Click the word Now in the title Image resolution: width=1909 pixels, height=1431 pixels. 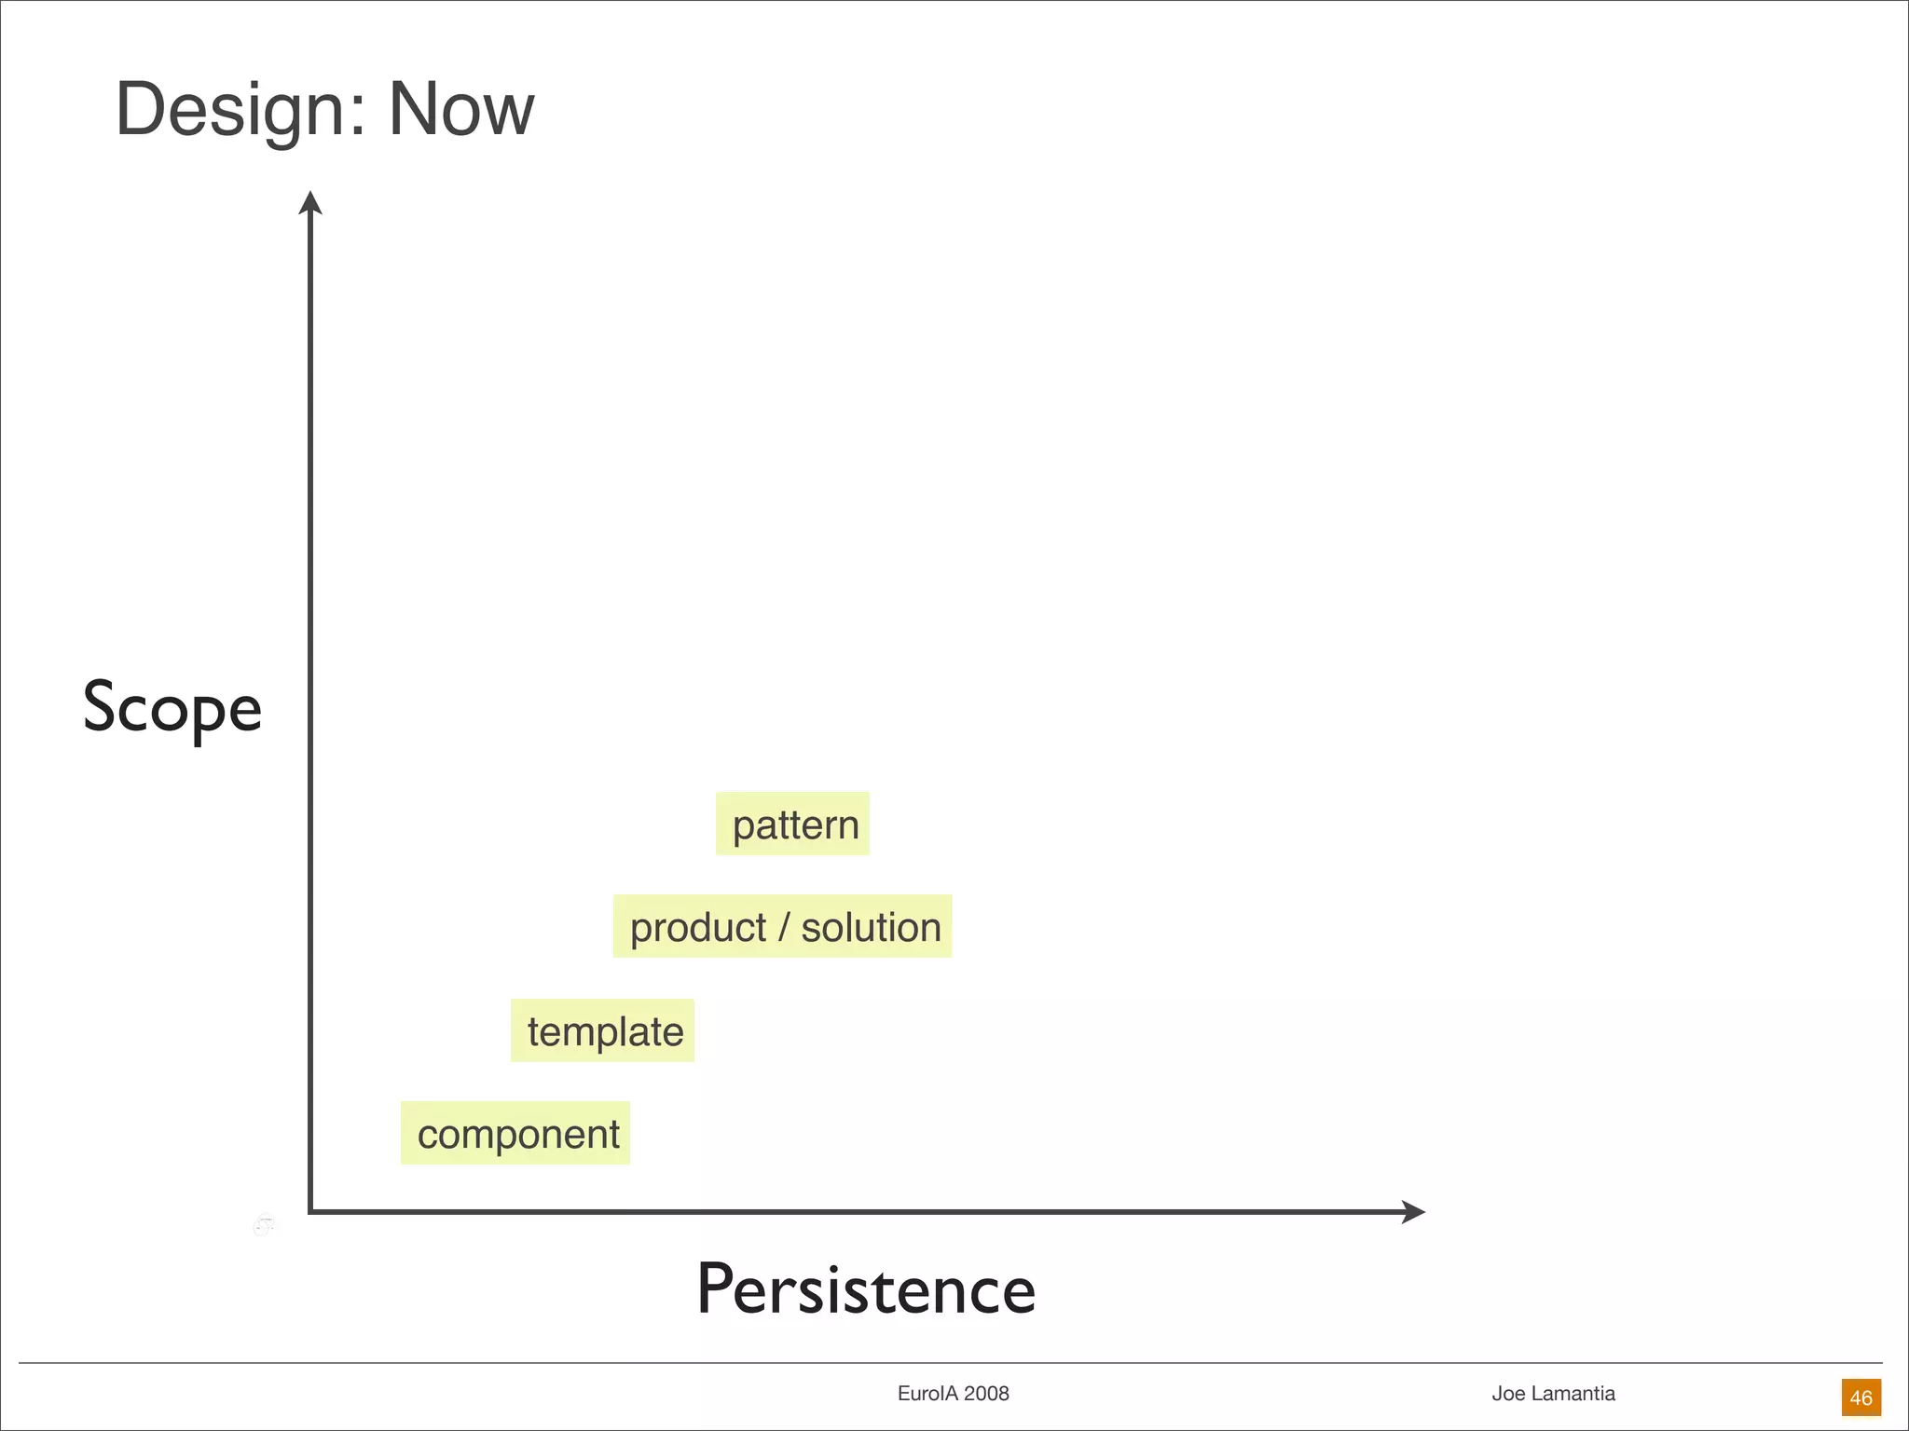[460, 110]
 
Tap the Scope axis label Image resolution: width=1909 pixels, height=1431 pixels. [172, 708]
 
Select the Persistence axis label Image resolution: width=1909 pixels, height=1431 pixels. [866, 1289]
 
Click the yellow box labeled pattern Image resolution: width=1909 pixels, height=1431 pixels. [793, 825]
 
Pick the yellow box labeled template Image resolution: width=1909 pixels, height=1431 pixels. [603, 1031]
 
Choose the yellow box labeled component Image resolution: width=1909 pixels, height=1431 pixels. [515, 1134]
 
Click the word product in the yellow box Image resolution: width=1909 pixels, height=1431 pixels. [698, 928]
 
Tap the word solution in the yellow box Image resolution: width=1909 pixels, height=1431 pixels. [872, 928]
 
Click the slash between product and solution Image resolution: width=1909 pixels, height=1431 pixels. [784, 928]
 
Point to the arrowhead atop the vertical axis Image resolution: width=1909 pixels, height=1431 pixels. [310, 201]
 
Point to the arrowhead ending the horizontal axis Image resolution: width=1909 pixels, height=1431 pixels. [1414, 1212]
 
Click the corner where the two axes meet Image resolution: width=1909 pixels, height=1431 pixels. [310, 1212]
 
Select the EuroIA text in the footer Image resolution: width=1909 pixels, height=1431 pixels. [927, 1394]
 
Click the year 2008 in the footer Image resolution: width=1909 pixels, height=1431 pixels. [986, 1394]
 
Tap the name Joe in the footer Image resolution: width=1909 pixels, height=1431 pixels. [1508, 1394]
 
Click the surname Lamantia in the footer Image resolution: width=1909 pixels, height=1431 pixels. [1573, 1394]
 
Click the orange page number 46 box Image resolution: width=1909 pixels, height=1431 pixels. [1861, 1397]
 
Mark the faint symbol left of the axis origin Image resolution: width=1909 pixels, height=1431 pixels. [264, 1225]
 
